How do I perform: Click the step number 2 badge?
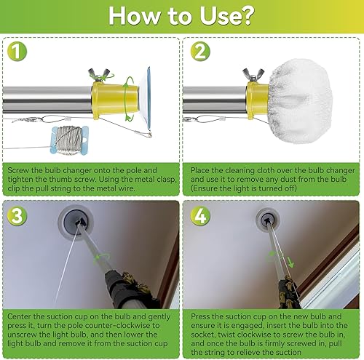click(x=200, y=53)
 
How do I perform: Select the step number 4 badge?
click(x=200, y=216)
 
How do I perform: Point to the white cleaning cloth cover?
click(x=295, y=92)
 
